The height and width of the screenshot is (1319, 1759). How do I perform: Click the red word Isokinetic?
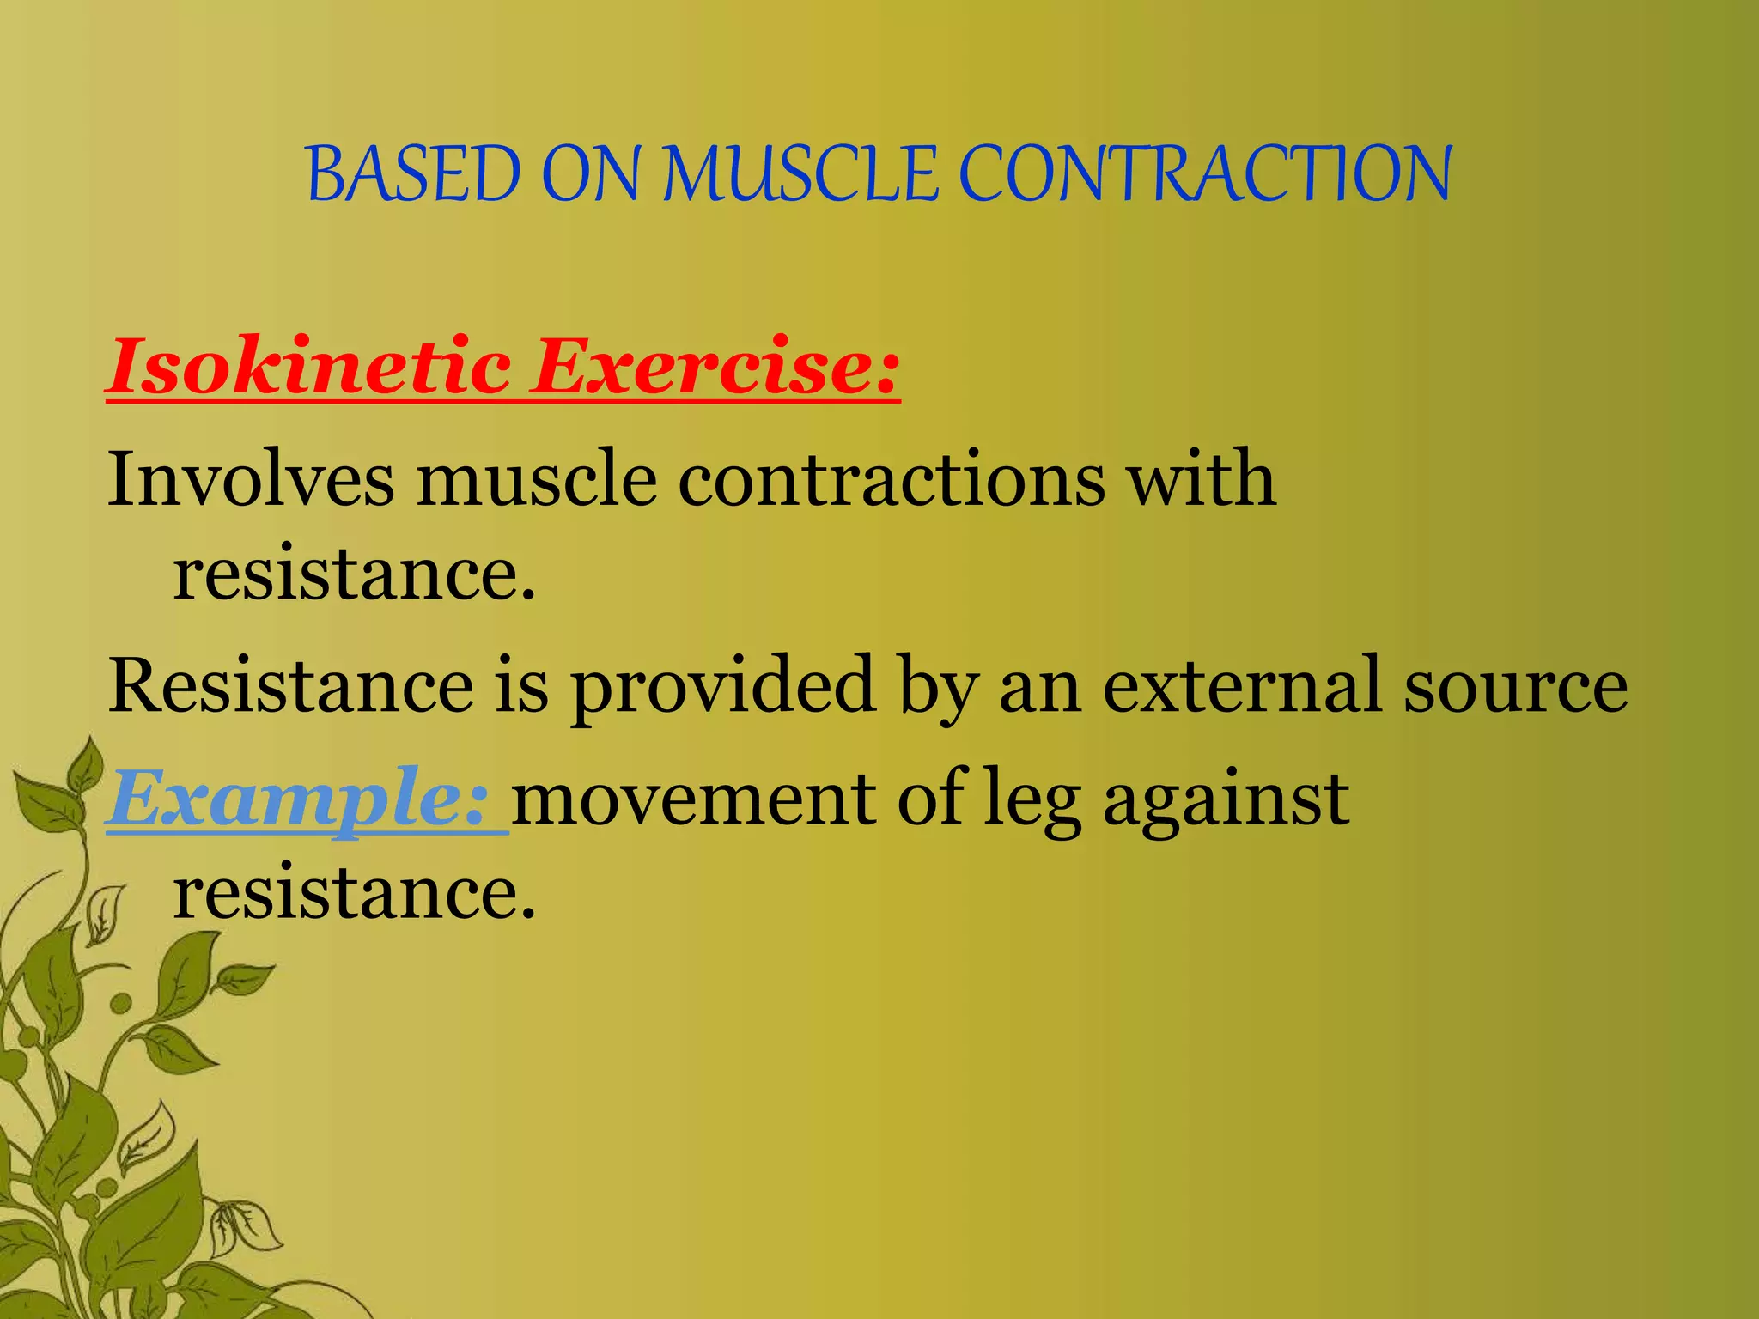point(309,368)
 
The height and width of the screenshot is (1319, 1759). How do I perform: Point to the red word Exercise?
point(715,368)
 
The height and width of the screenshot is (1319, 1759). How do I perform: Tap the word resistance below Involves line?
point(354,574)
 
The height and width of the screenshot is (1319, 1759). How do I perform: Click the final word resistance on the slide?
point(354,893)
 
